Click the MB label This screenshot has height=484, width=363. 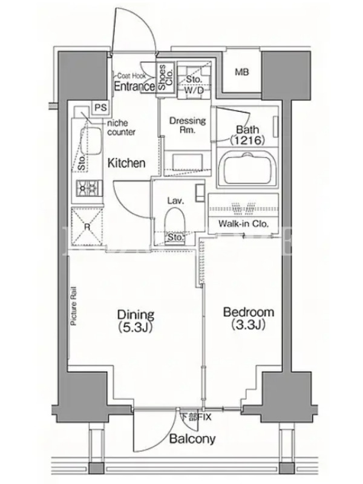241,72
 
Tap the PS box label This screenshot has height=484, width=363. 100,108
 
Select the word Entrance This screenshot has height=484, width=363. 134,87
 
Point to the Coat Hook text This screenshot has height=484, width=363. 131,76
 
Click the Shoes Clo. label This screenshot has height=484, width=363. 165,77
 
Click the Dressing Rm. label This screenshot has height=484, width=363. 188,125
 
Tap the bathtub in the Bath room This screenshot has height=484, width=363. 247,169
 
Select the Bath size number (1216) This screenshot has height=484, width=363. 247,140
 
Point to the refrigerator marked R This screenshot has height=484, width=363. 87,226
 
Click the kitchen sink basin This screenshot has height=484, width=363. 91,141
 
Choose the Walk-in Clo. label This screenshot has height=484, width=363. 243,224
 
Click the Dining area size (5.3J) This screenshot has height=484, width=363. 136,327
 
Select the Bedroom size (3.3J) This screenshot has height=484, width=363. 248,325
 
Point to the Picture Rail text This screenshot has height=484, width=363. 74,306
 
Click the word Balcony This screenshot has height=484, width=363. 192,439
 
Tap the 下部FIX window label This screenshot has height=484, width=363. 195,417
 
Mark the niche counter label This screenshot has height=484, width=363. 121,128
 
